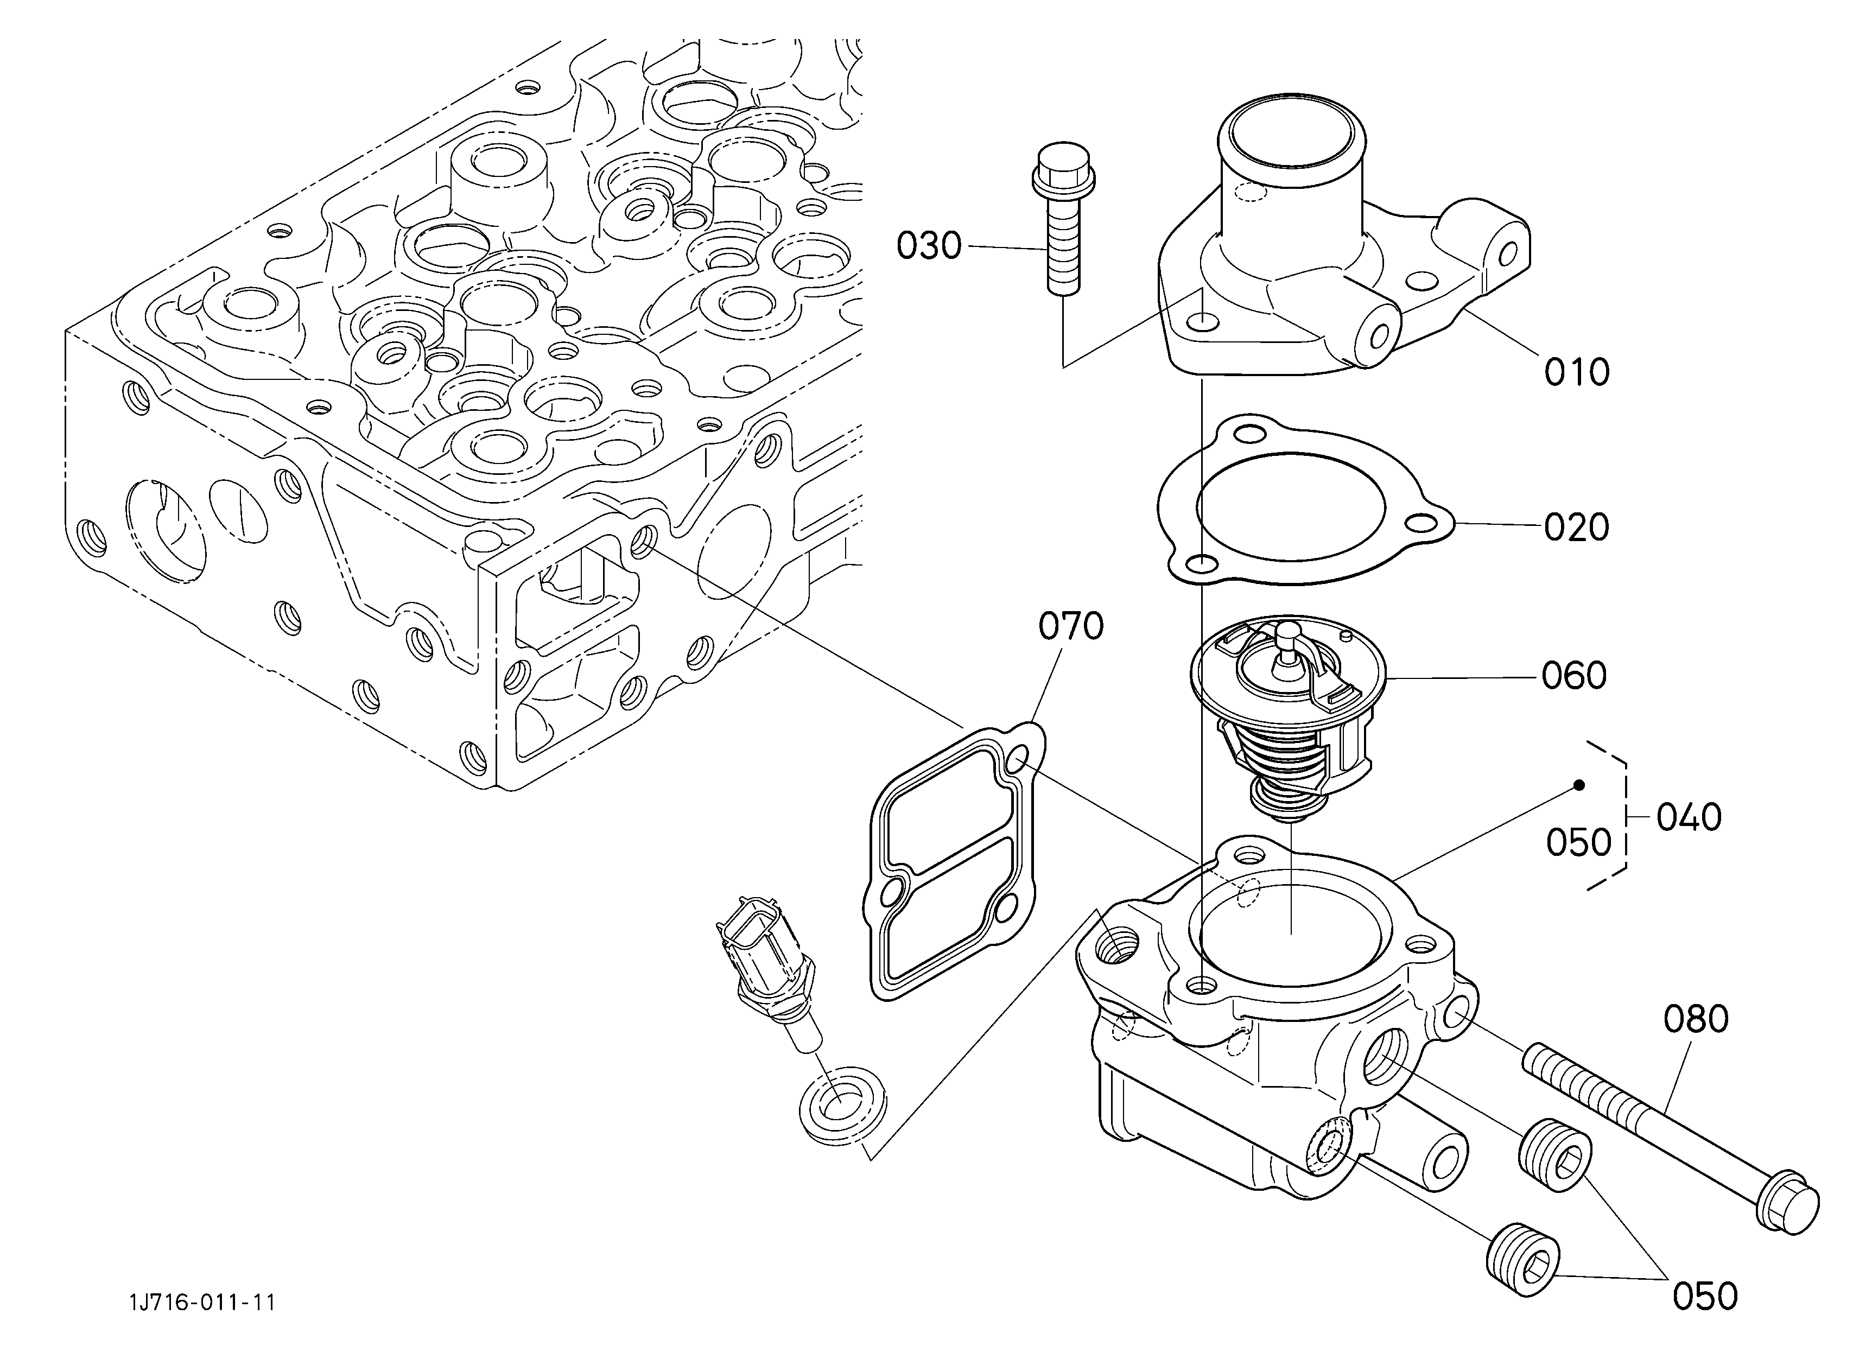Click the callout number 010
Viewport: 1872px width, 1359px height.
[1577, 372]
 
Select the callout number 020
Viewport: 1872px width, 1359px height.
[1577, 527]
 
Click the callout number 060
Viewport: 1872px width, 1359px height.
[1574, 676]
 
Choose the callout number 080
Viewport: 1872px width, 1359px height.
[1696, 1020]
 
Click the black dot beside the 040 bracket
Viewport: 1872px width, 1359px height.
[1579, 785]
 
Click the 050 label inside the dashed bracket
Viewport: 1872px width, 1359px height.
[1578, 842]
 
